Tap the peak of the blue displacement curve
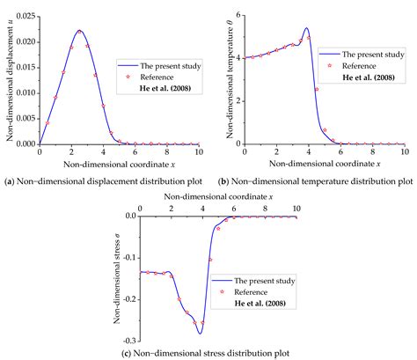coord(79,31)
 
